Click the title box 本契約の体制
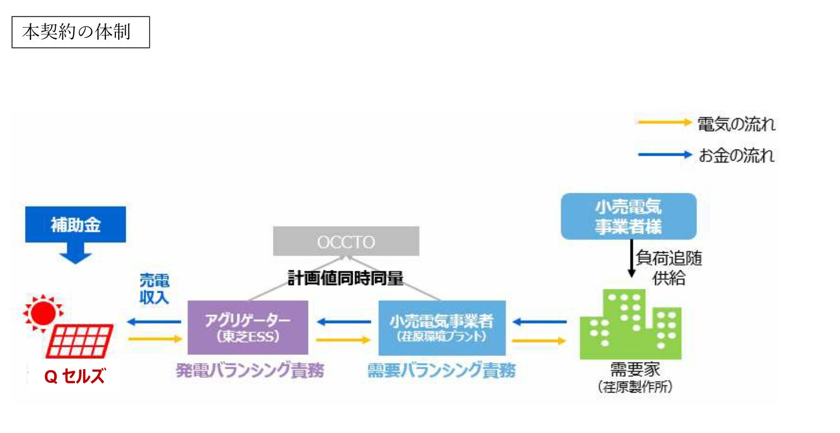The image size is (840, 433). click(x=80, y=32)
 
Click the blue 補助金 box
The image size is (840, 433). click(x=75, y=224)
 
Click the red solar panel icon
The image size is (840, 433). click(x=81, y=341)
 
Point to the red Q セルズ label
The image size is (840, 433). click(x=74, y=376)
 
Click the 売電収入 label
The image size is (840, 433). click(x=154, y=289)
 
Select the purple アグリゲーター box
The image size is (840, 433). click(x=248, y=328)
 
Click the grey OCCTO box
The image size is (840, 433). click(x=346, y=241)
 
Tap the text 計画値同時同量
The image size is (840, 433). click(x=346, y=278)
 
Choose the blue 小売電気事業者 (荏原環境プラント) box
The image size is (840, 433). click(x=442, y=328)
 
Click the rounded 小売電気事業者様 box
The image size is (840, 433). click(x=628, y=216)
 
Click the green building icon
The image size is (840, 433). click(x=631, y=326)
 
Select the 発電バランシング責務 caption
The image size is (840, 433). click(x=250, y=371)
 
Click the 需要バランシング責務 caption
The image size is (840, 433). click(x=441, y=371)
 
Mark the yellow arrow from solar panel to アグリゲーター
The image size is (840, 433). click(x=155, y=339)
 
